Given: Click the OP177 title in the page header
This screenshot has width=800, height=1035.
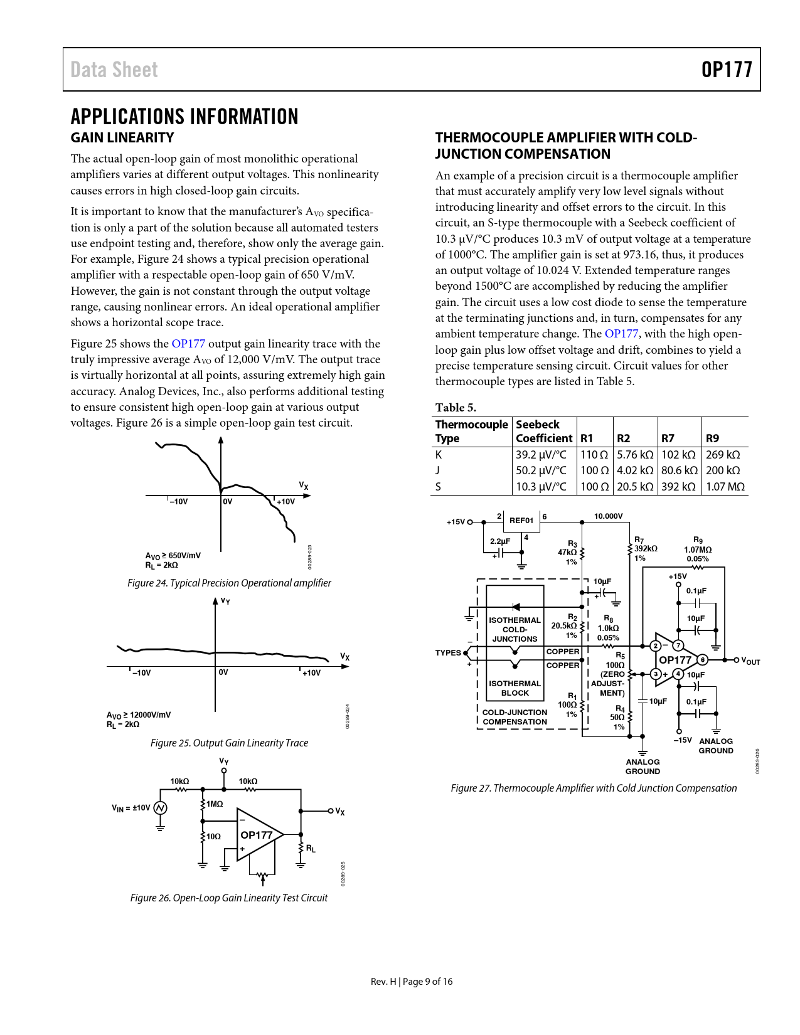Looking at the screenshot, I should (x=726, y=70).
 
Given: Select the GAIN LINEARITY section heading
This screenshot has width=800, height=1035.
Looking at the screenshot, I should (x=122, y=138).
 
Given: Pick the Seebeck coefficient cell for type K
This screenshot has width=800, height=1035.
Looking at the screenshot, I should (x=541, y=455).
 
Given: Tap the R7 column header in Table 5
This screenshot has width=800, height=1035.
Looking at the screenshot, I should (x=668, y=438).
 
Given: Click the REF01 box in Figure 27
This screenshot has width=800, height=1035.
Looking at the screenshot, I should (x=521, y=521).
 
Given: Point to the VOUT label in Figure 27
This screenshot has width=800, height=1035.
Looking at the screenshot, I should (x=750, y=661).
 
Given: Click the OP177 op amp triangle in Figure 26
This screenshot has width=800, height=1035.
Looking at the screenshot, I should (x=257, y=835).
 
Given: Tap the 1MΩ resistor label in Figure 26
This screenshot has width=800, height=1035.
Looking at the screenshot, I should (x=215, y=804).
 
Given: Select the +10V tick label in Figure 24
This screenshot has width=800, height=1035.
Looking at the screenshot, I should (x=285, y=502).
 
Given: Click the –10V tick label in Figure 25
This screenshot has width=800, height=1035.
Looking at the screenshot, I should (x=141, y=673).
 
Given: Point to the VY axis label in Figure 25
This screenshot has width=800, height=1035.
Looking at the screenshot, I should (x=225, y=601).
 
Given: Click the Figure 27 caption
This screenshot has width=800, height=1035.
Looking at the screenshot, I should (x=594, y=788).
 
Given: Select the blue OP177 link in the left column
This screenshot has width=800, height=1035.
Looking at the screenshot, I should (x=188, y=344).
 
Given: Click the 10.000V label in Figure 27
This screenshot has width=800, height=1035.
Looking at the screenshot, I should (x=608, y=516).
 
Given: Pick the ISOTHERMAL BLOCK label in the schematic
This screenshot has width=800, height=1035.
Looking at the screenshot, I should (x=515, y=688).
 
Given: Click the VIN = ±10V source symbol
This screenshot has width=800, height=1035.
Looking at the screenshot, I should (x=160, y=808).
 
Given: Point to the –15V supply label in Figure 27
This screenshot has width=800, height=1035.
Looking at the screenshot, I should (x=683, y=740).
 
